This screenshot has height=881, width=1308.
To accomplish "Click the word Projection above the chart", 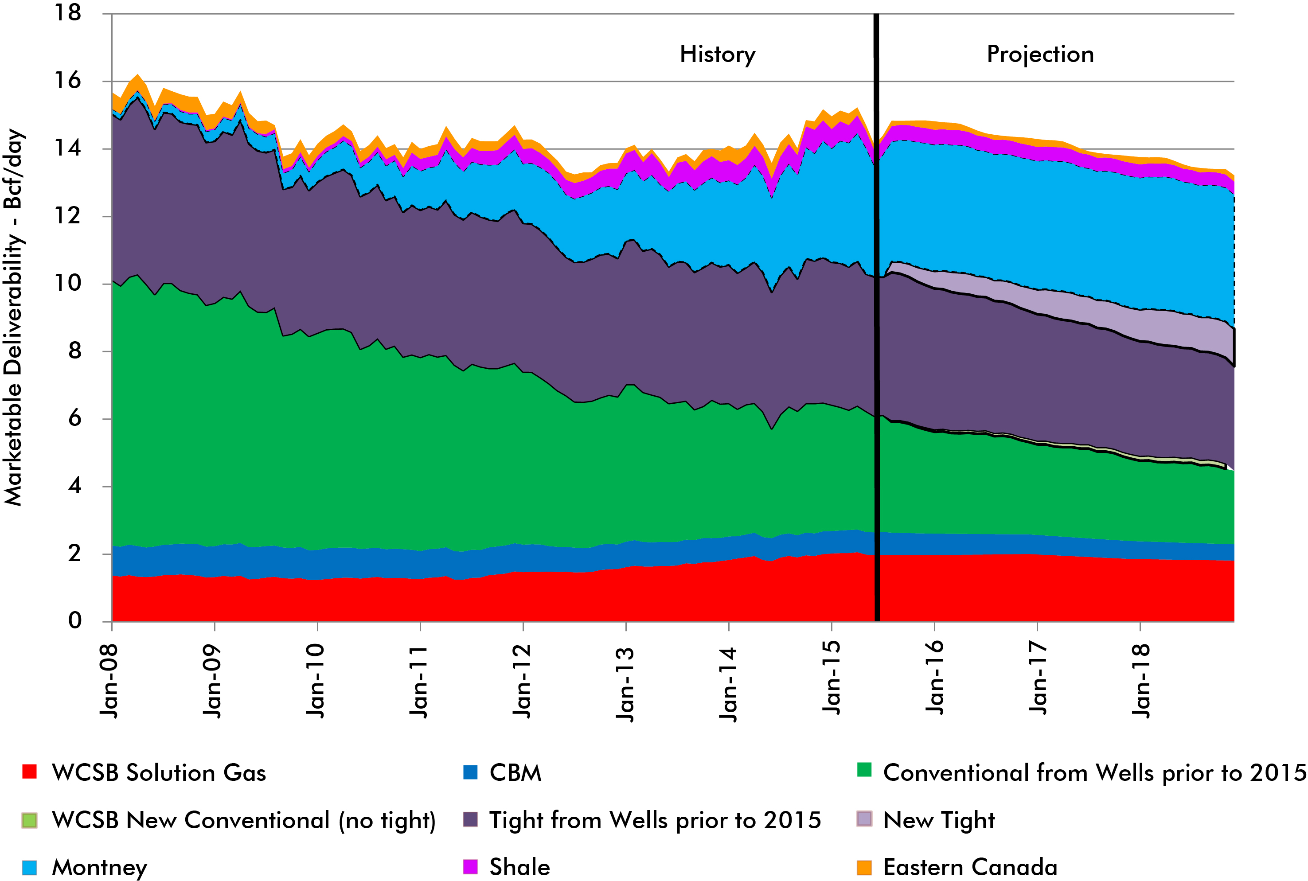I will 1040,55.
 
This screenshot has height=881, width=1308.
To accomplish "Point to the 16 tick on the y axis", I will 67,81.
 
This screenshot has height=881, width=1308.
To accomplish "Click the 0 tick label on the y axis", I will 75,621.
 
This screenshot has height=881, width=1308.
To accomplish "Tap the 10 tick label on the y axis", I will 67,283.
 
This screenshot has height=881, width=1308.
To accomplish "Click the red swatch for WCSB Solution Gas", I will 29,772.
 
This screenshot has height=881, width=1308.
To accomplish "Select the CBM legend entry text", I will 515,772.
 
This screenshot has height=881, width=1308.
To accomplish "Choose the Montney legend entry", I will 99,867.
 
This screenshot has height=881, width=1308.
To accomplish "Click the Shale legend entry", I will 519,867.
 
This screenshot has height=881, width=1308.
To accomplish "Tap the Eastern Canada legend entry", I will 970,867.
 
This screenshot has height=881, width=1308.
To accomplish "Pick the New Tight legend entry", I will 938,820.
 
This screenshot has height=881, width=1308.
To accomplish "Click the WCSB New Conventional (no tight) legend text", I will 243,820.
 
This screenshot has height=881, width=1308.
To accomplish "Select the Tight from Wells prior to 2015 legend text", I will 655,820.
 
